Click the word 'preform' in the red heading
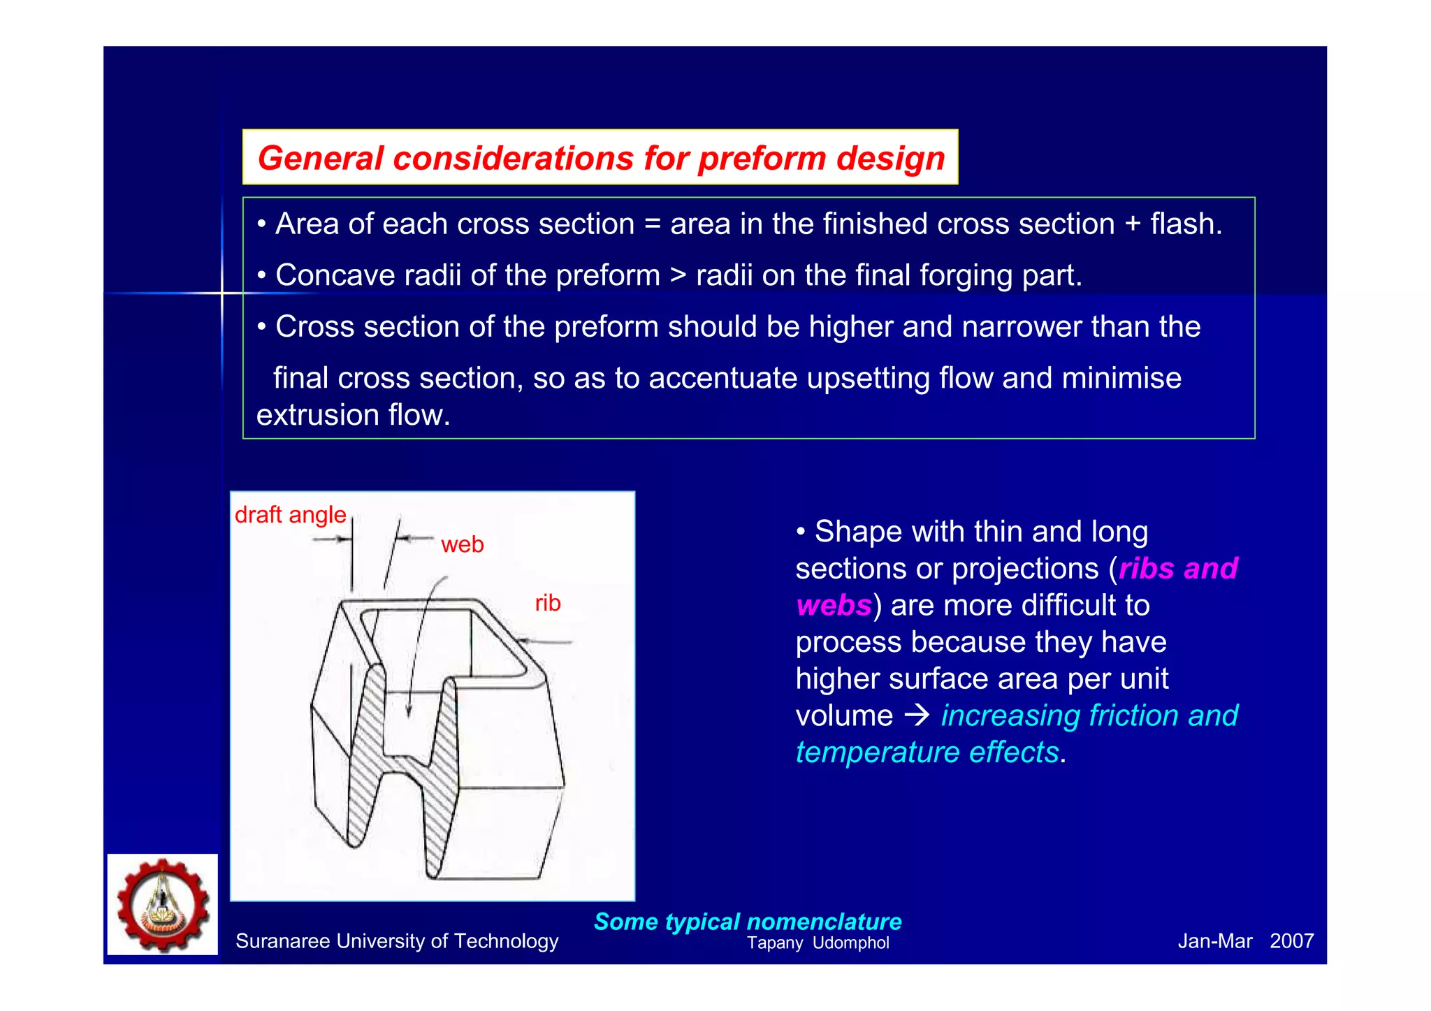(762, 159)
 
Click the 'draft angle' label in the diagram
(290, 515)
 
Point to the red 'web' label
(462, 544)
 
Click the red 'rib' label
(547, 603)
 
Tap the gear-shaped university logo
(163, 905)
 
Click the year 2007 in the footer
(1291, 941)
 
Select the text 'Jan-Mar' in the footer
(1214, 941)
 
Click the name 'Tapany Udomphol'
(818, 943)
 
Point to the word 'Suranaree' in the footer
(282, 941)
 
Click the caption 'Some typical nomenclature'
(747, 922)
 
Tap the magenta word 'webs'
(834, 605)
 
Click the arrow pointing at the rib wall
(545, 641)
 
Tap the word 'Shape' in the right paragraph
(859, 532)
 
